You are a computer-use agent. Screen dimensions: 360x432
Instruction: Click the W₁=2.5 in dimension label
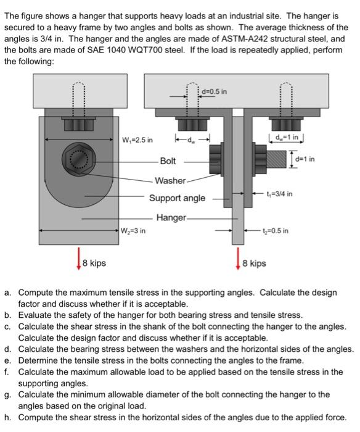point(137,140)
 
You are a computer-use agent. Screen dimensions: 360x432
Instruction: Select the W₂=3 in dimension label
point(133,231)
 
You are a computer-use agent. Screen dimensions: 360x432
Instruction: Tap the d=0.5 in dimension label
point(215,91)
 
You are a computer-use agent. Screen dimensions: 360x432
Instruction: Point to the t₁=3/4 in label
point(279,194)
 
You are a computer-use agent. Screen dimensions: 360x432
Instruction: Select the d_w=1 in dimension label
point(287,137)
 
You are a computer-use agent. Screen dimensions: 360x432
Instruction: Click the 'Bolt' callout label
point(168,161)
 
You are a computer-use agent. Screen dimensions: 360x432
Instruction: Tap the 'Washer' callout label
point(170,181)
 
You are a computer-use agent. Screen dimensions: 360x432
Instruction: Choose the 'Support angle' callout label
point(178,198)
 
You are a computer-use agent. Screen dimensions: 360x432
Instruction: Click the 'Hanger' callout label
point(171,218)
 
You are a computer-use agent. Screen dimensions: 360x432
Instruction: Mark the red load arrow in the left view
point(79,259)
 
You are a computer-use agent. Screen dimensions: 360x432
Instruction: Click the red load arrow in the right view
point(238,259)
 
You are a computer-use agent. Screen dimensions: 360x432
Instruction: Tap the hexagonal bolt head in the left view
point(79,159)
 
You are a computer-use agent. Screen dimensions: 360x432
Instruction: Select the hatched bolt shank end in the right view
point(276,159)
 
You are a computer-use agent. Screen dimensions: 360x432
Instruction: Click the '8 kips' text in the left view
point(94,263)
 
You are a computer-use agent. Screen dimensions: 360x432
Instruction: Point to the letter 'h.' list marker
point(7,417)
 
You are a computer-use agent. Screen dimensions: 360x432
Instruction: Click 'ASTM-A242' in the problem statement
point(244,39)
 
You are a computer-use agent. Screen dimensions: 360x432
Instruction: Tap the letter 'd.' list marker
point(7,349)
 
